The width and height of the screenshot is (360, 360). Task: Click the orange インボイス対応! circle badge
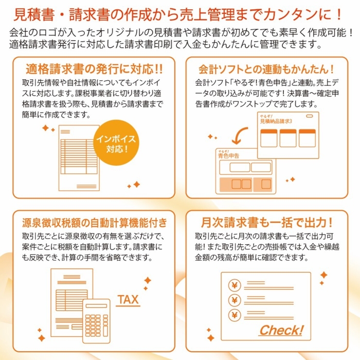(x=119, y=145)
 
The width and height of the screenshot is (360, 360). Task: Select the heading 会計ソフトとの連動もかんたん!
(x=266, y=68)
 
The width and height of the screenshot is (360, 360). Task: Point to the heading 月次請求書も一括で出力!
(x=266, y=222)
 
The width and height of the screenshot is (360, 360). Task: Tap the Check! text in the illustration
(x=281, y=330)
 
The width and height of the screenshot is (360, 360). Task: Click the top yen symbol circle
(x=235, y=284)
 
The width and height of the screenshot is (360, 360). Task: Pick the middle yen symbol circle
(x=235, y=299)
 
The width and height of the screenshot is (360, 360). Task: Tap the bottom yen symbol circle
(x=235, y=314)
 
